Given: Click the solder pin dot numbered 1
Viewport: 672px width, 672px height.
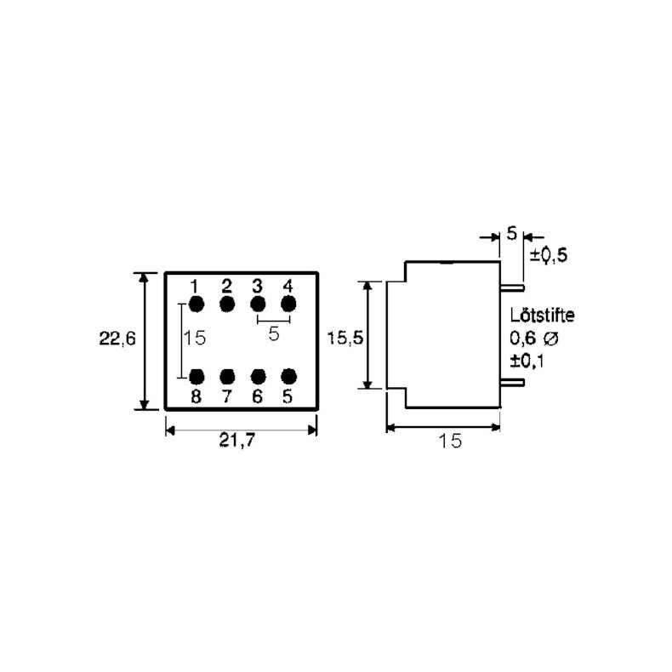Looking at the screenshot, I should pyautogui.click(x=196, y=304).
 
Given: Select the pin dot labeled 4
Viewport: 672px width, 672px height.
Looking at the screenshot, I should pyautogui.click(x=288, y=304).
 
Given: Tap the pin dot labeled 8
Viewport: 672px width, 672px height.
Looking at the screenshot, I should pyautogui.click(x=196, y=376).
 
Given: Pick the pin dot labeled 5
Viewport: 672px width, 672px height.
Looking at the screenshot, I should pyautogui.click(x=288, y=376).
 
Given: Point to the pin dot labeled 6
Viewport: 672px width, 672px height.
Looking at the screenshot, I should pyautogui.click(x=258, y=376).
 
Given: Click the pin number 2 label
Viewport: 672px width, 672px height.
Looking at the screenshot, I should pyautogui.click(x=227, y=285).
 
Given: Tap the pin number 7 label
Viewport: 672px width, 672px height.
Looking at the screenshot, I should pyautogui.click(x=227, y=396).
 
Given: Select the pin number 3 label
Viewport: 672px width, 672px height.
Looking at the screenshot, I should pyautogui.click(x=258, y=285).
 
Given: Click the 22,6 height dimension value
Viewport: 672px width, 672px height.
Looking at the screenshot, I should pyautogui.click(x=117, y=338).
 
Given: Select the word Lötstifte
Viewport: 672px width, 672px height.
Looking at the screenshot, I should pyautogui.click(x=543, y=315).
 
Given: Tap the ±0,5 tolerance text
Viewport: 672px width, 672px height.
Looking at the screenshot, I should pyautogui.click(x=549, y=255).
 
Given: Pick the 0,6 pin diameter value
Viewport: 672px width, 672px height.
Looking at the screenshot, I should pyautogui.click(x=522, y=338).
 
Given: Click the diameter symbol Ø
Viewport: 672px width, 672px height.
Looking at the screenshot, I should pyautogui.click(x=550, y=338).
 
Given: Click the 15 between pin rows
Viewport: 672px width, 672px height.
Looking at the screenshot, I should pyautogui.click(x=195, y=338).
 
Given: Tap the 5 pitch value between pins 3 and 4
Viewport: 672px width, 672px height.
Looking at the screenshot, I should pyautogui.click(x=273, y=334).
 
